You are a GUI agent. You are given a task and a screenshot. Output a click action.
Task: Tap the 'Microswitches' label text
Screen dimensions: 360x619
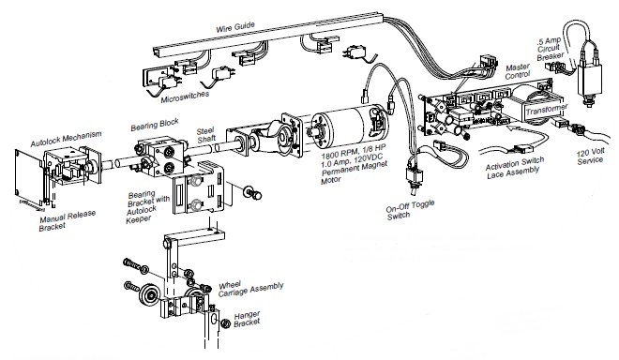[x=184, y=96]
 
